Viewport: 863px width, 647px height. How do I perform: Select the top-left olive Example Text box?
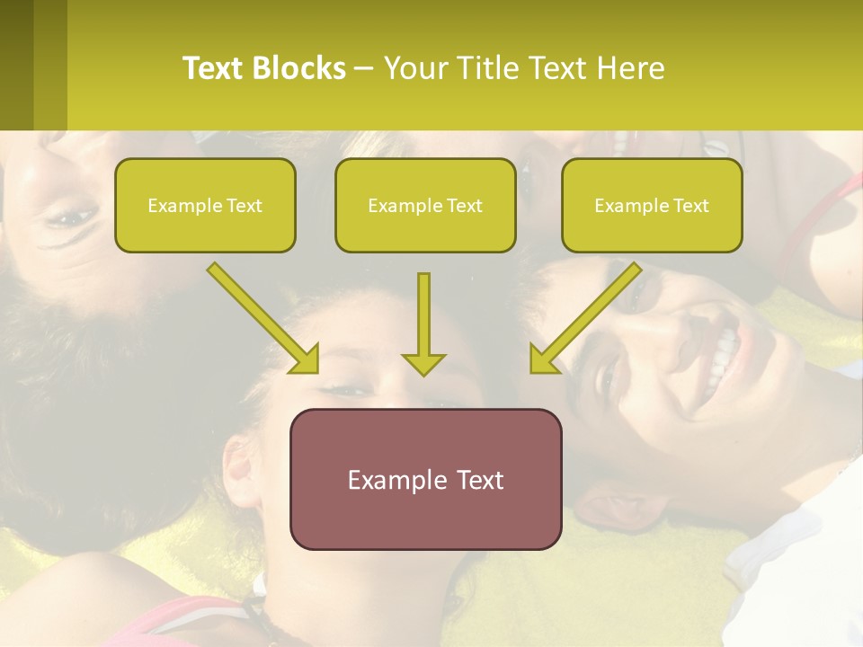click(205, 205)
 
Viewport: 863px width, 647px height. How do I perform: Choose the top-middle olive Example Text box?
click(425, 205)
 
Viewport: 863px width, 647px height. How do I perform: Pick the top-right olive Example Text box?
click(652, 205)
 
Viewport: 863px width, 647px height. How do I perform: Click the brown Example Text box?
click(425, 479)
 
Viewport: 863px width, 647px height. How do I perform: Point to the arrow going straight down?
click(423, 323)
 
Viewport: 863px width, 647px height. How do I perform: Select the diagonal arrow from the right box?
click(584, 318)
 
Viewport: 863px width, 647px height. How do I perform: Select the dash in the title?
click(364, 68)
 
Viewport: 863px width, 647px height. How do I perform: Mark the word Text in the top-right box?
click(690, 206)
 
